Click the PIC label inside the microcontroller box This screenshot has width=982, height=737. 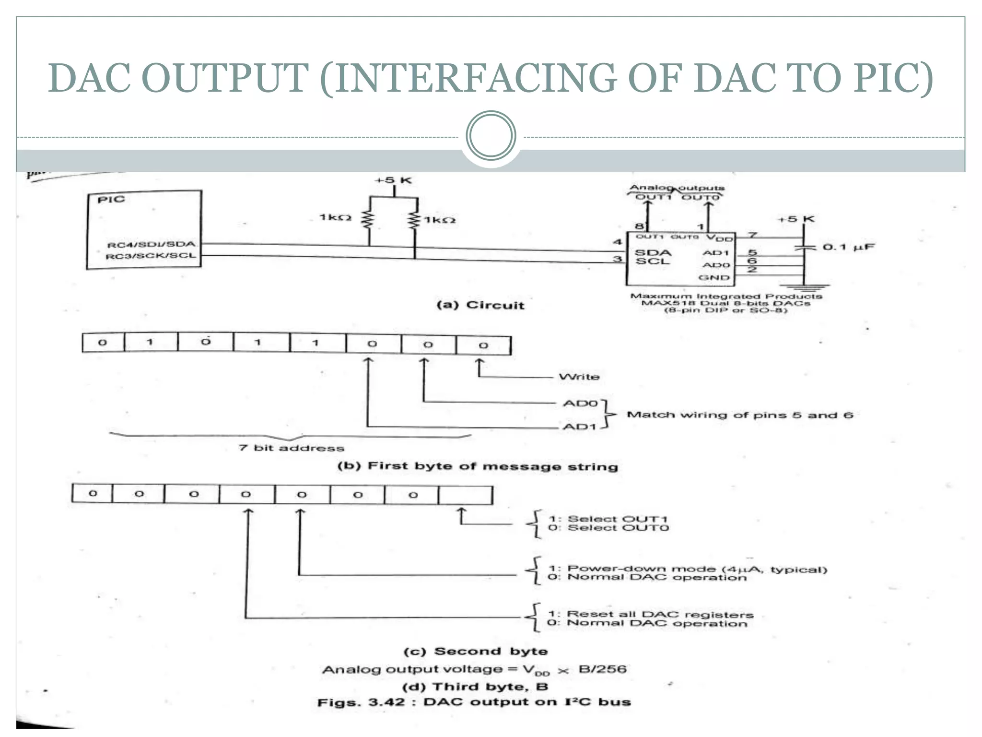click(x=111, y=200)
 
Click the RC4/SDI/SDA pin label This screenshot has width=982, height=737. click(x=151, y=245)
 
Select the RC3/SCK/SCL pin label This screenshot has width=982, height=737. click(x=151, y=256)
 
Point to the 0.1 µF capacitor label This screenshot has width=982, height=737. click(x=848, y=247)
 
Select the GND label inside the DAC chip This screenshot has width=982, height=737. click(x=713, y=278)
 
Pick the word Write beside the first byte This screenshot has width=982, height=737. click(x=579, y=377)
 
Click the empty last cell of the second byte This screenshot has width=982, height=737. click(x=465, y=495)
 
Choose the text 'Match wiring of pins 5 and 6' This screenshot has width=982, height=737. click(x=740, y=415)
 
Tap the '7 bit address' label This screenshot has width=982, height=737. click(x=292, y=448)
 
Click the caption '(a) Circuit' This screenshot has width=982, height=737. click(x=480, y=306)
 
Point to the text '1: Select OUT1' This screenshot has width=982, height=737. click(x=608, y=519)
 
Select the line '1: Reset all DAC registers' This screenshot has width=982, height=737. click(x=651, y=615)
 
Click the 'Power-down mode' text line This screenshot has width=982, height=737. click(x=688, y=569)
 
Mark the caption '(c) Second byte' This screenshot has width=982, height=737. click(x=476, y=652)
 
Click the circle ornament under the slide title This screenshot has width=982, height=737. click(x=491, y=136)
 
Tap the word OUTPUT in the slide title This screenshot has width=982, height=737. click(x=225, y=78)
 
